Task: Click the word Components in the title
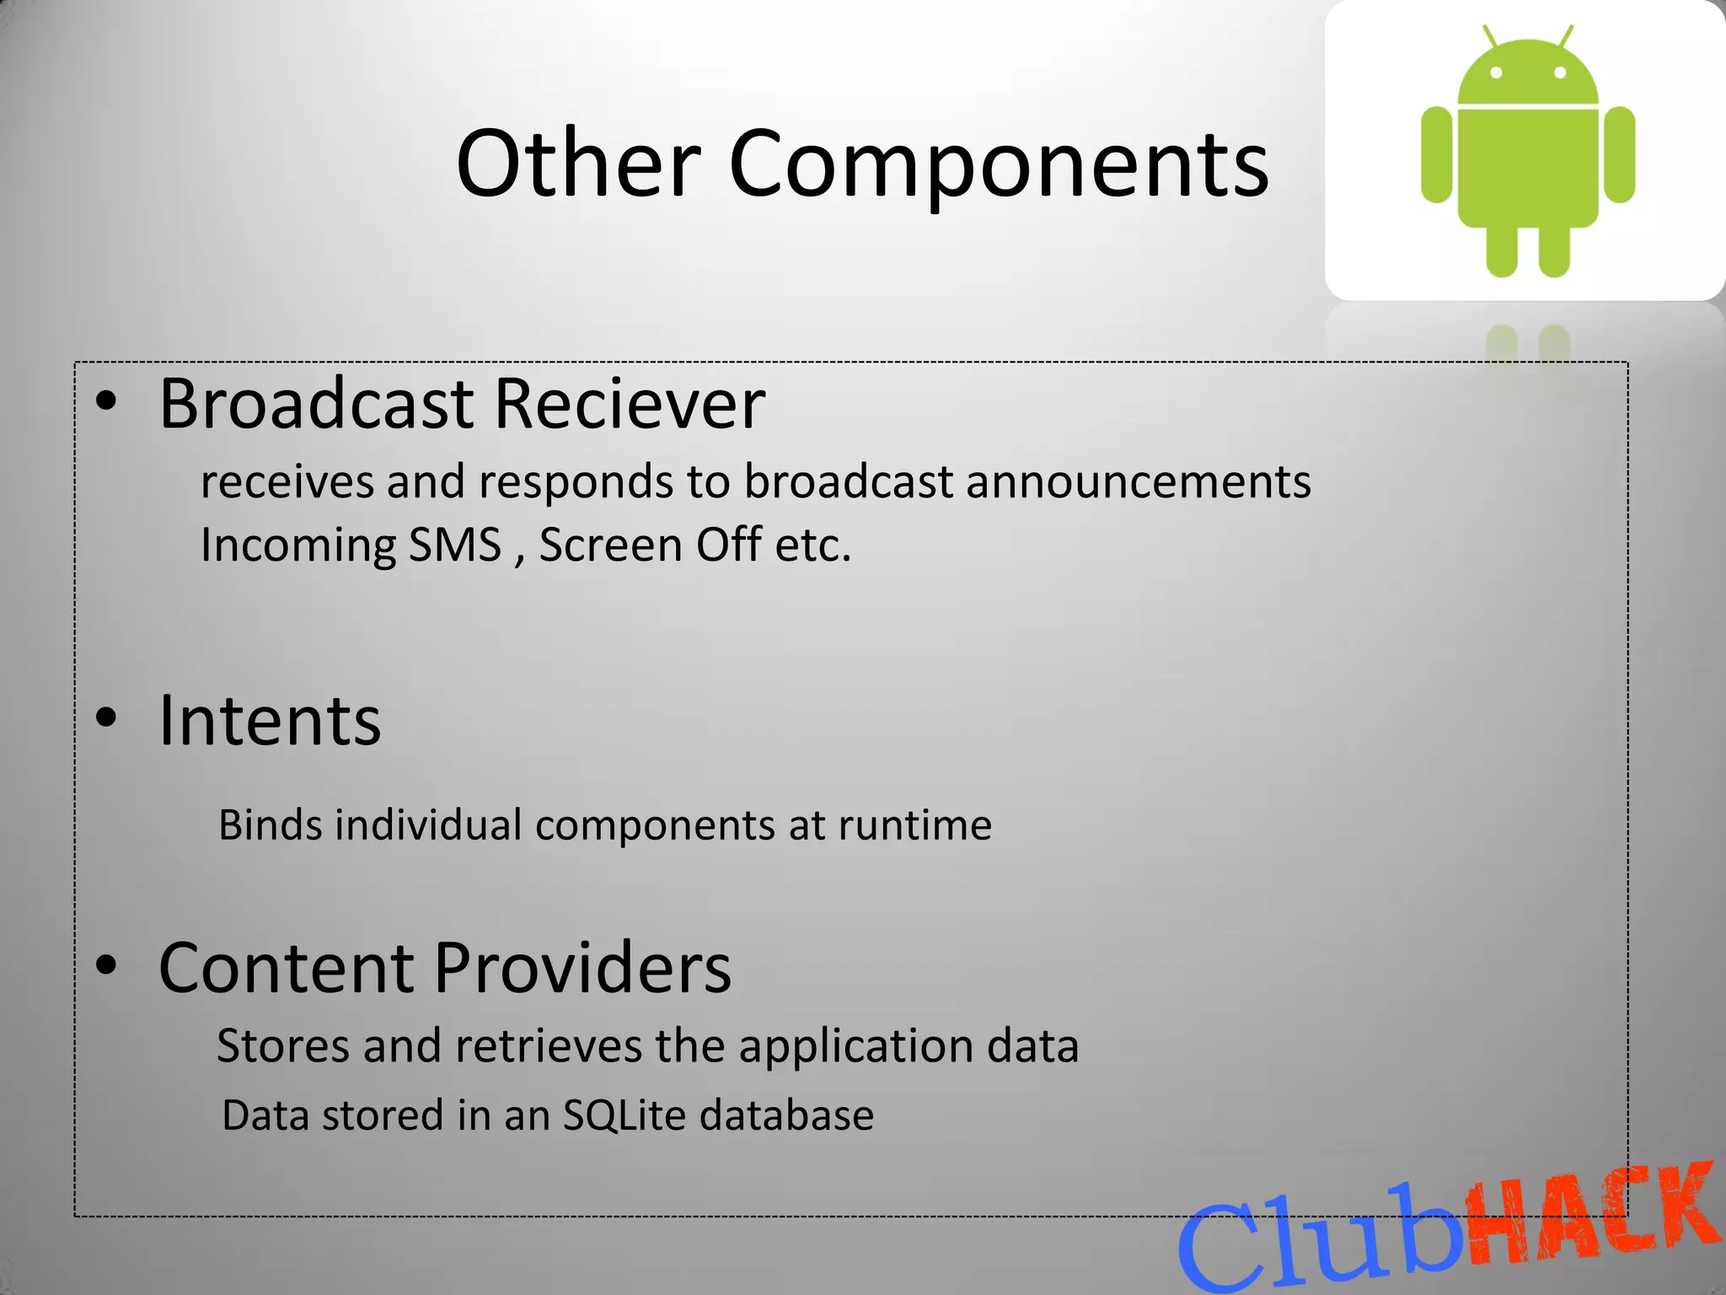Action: [x=999, y=164]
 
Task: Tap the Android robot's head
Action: [x=1527, y=74]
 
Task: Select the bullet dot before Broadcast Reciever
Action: [x=105, y=402]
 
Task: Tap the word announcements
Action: [x=1138, y=482]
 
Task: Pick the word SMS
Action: [x=455, y=545]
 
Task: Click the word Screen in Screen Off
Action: [x=609, y=545]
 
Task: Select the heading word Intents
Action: [x=270, y=721]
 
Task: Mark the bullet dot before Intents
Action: [x=105, y=718]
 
